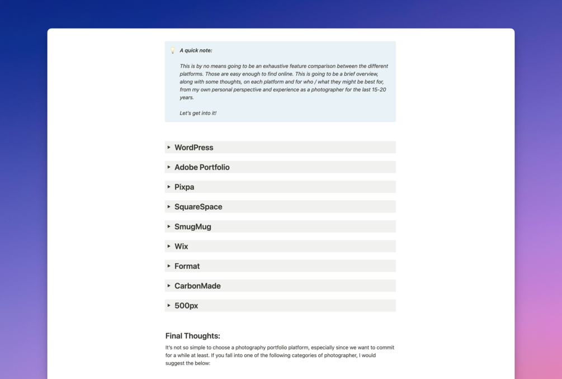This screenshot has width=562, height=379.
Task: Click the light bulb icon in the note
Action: [173, 50]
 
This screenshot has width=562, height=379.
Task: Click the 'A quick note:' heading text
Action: [196, 50]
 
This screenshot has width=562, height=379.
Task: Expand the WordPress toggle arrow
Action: [169, 148]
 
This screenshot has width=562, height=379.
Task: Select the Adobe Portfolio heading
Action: [202, 167]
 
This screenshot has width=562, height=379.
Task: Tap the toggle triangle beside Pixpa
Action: [169, 187]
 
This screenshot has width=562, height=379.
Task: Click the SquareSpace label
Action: [198, 207]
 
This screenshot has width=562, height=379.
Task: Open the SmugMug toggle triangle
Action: [169, 226]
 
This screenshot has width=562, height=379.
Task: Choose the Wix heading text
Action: [181, 247]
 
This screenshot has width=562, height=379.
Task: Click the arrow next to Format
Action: [169, 266]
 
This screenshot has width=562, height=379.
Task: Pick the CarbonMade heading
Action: [197, 286]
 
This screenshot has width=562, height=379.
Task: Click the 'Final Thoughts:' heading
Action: [192, 336]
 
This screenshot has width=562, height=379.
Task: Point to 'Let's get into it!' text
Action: [198, 113]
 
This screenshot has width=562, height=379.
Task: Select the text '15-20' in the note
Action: [379, 89]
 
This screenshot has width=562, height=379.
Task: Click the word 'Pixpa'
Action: [184, 187]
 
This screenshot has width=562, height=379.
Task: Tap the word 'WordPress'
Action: [193, 148]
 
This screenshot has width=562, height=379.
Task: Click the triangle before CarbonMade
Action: [169, 286]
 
